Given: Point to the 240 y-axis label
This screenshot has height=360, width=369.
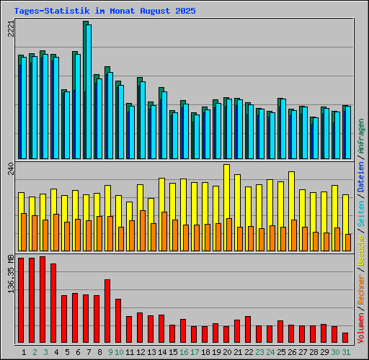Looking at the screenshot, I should pyautogui.click(x=9, y=169).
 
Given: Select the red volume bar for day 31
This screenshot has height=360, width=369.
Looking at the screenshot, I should pyautogui.click(x=345, y=338).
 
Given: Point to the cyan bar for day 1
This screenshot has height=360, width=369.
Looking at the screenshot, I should pyautogui.click(x=24, y=108).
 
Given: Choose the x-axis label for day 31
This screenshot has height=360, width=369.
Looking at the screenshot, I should pyautogui.click(x=346, y=352).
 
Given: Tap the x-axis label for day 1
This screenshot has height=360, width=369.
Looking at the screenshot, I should pyautogui.click(x=25, y=352).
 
